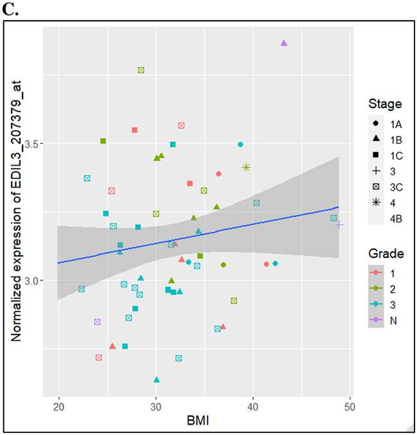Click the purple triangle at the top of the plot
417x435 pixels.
coord(284,43)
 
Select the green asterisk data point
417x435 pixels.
coord(246,167)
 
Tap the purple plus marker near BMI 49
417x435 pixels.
coord(339,225)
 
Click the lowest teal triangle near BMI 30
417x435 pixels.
coord(156,380)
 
